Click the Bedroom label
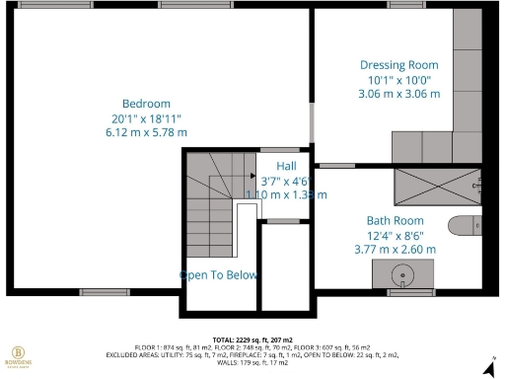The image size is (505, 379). coord(146,104)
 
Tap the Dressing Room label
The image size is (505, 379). coord(398,64)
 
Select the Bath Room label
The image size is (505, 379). coord(395,220)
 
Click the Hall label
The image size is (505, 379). coord(286,165)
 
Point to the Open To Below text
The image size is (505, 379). coord(219,275)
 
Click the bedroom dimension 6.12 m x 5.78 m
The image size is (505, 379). coord(146,132)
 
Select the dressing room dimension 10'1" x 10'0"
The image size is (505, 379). coord(398,79)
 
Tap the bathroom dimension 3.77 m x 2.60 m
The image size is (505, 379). coord(395,250)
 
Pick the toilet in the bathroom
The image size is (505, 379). coord(464,225)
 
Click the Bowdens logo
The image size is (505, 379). coord(18,356)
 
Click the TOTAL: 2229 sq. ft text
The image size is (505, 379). coord(252,340)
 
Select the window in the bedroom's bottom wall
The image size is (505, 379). coord(104,292)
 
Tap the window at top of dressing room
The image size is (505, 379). coord(406,5)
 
